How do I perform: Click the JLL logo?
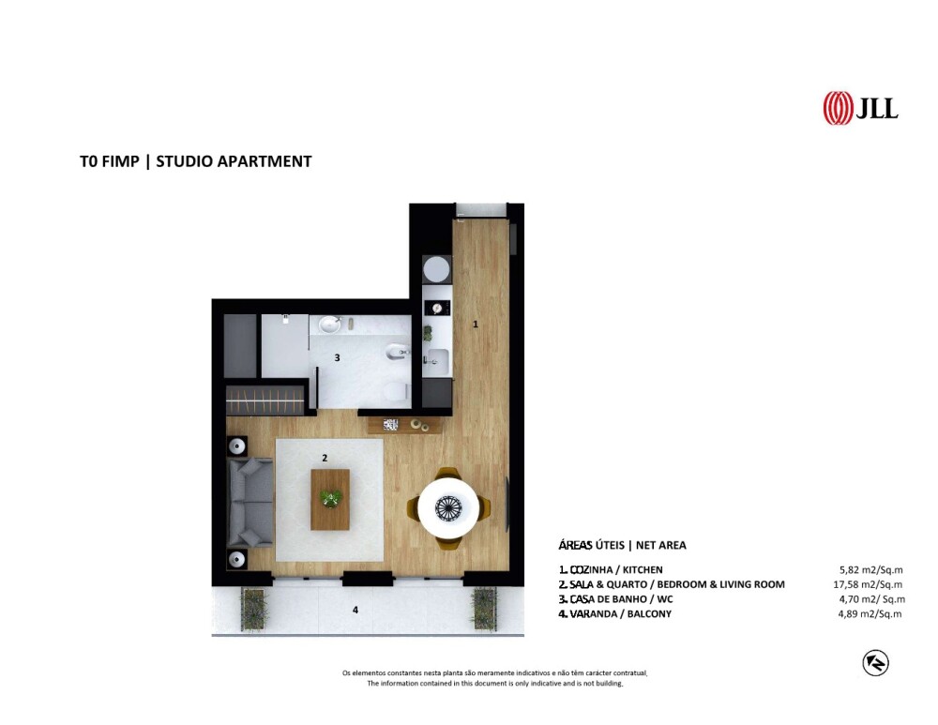coord(860,108)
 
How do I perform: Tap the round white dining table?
coord(448,508)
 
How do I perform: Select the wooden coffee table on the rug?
coord(330,500)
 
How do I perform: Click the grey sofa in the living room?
coord(250,503)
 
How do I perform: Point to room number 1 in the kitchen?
coord(476,325)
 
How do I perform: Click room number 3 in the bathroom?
coord(337,357)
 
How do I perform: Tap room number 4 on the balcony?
coord(356,611)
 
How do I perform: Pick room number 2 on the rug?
coord(325,459)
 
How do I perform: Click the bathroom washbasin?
coord(329,325)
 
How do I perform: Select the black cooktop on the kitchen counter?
coord(437,308)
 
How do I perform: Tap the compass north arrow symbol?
coord(875,663)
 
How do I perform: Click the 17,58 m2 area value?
coord(868,584)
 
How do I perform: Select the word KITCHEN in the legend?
coord(643,570)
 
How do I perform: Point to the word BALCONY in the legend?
coord(649,613)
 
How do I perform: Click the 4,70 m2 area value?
coord(872,599)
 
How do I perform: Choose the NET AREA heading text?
coord(661,545)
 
